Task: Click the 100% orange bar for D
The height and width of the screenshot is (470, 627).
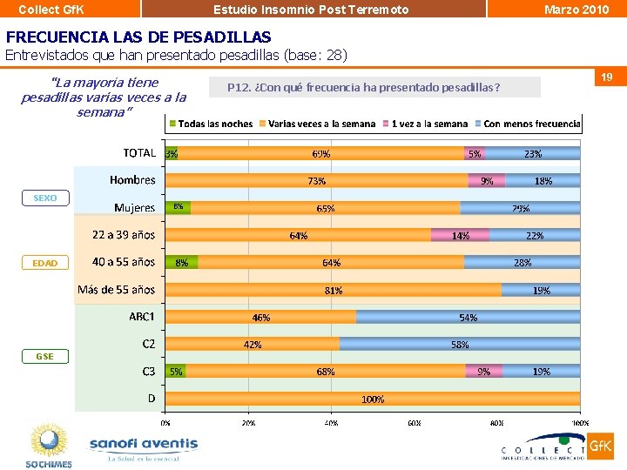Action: (x=373, y=399)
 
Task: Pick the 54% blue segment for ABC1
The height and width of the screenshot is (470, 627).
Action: (x=468, y=318)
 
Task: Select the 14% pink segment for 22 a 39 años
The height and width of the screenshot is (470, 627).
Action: (x=460, y=235)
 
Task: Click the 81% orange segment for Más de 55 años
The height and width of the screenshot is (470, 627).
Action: (x=334, y=290)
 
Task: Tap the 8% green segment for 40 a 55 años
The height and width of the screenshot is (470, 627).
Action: (x=182, y=262)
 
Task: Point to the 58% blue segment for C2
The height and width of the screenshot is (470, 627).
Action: (x=460, y=345)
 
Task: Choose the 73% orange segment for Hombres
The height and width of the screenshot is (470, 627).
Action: (x=316, y=181)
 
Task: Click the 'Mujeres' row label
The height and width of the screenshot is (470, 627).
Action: (x=135, y=208)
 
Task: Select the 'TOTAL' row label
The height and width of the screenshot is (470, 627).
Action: (x=139, y=152)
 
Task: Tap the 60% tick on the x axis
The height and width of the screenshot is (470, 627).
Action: (x=414, y=422)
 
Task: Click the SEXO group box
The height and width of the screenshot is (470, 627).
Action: (x=45, y=198)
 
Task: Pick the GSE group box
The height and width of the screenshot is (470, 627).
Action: (x=45, y=357)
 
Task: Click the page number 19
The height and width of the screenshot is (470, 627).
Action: (x=607, y=78)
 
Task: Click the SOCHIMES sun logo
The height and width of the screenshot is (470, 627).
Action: (x=49, y=445)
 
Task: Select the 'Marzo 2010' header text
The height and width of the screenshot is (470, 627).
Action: (x=576, y=9)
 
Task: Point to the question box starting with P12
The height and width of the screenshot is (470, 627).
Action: (x=374, y=87)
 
